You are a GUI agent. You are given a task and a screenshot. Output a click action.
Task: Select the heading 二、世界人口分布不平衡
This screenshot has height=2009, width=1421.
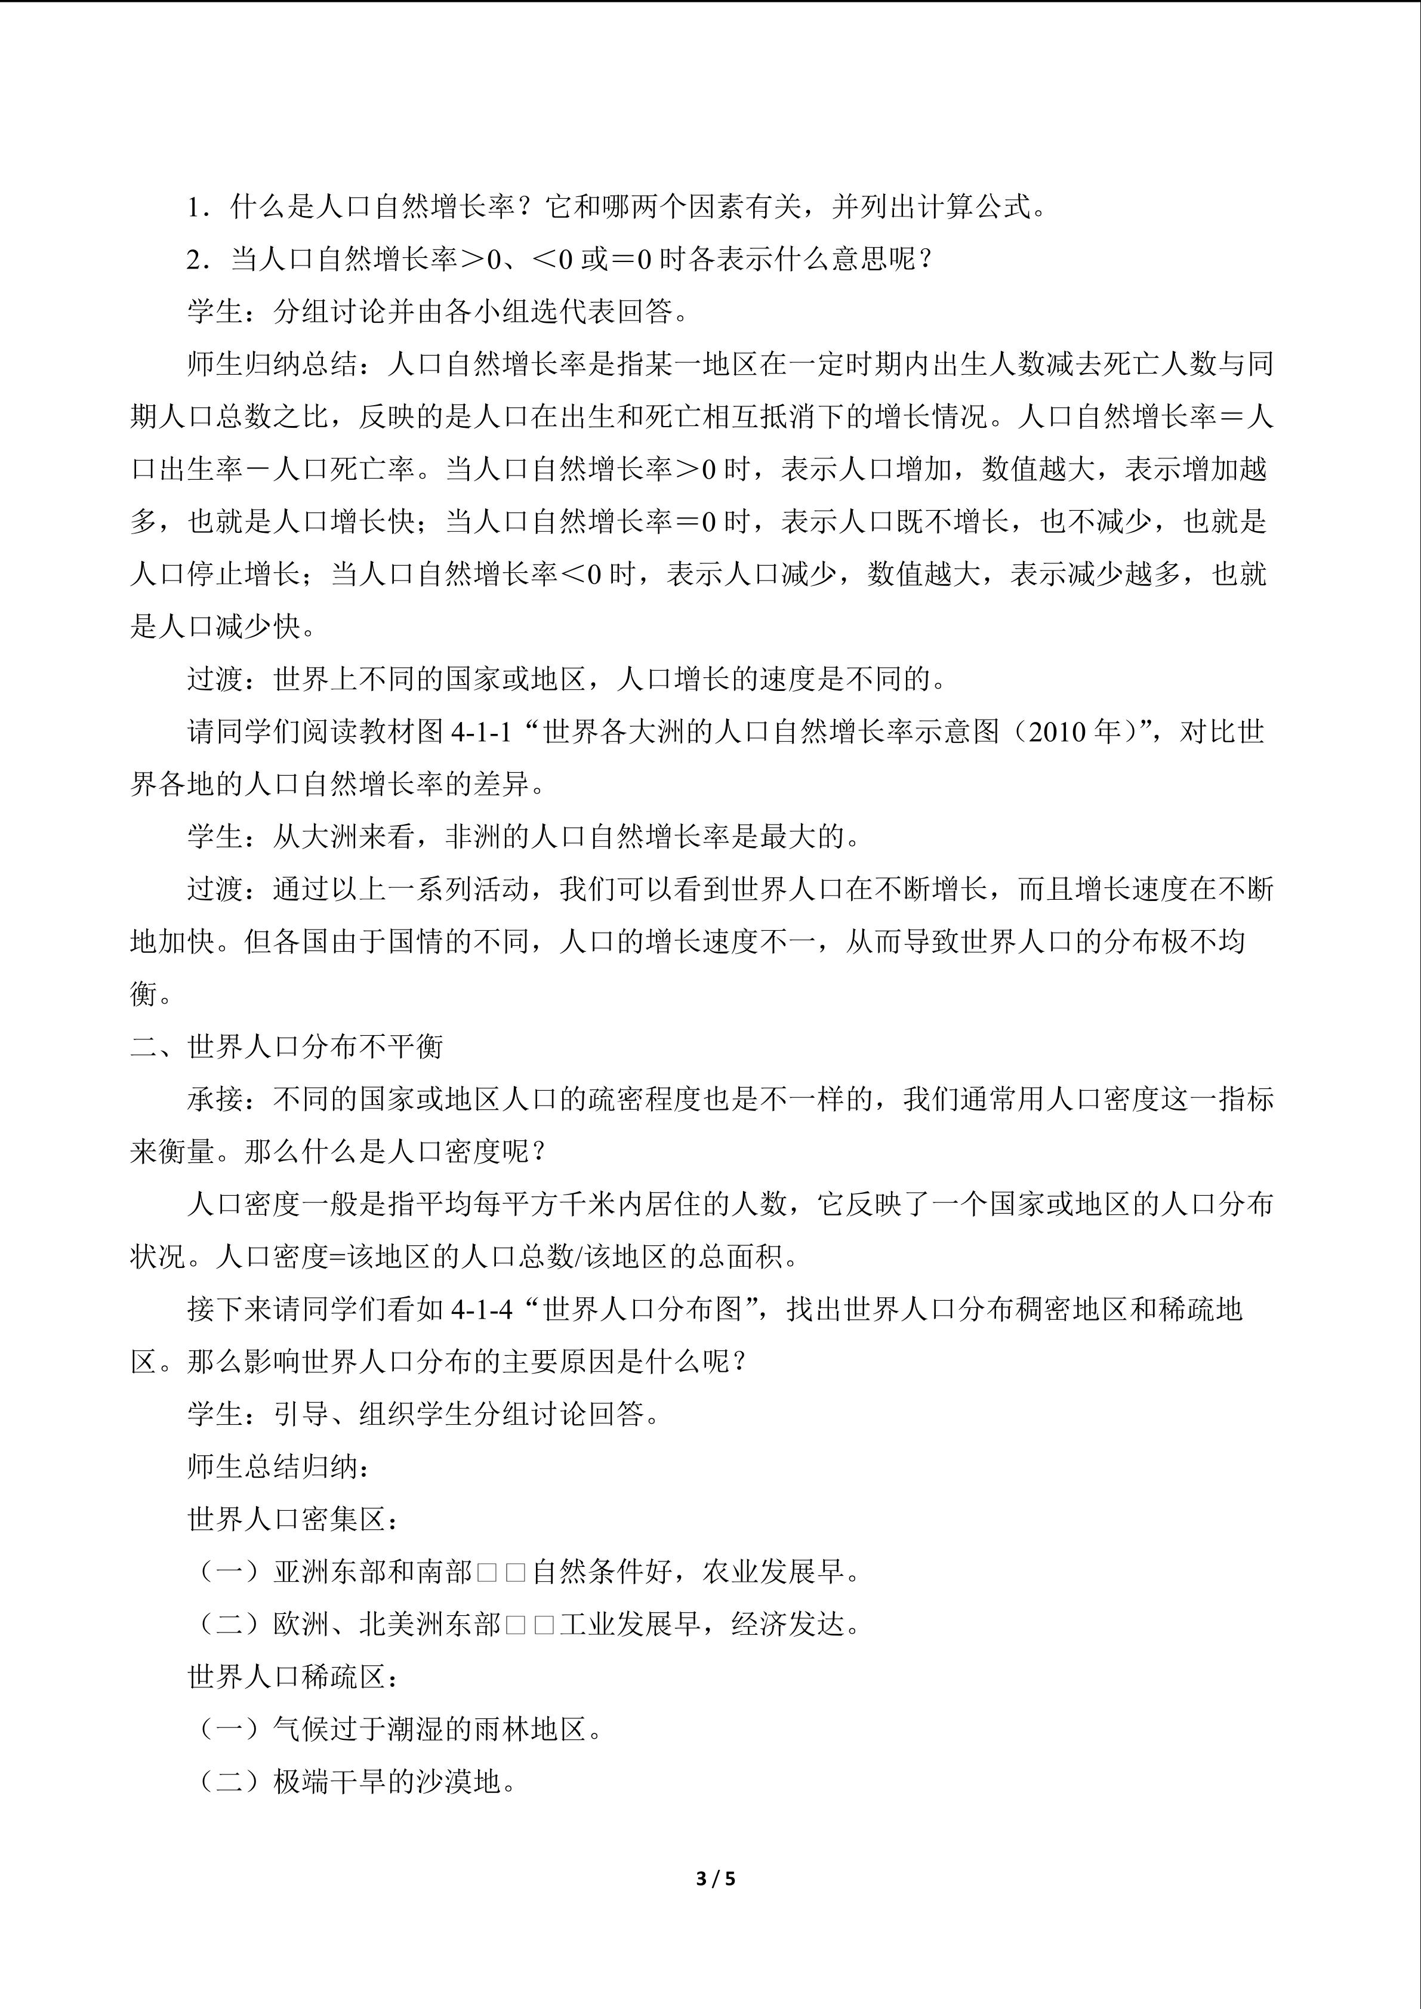(287, 1047)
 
